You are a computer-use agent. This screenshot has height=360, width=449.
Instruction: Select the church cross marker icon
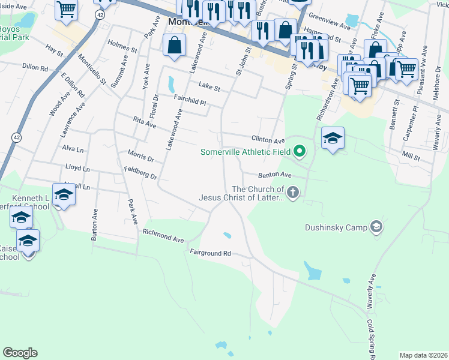(293, 193)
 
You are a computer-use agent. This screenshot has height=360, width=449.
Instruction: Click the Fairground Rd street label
(210, 253)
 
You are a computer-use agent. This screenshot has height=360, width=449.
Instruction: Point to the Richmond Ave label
(163, 235)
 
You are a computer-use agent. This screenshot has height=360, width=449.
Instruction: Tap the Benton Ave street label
(274, 175)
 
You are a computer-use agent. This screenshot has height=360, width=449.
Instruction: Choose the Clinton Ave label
(267, 138)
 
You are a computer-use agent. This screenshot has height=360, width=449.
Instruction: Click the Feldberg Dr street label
(145, 173)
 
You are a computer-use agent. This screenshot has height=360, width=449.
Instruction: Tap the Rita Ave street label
(144, 122)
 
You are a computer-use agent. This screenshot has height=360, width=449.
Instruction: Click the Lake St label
(209, 87)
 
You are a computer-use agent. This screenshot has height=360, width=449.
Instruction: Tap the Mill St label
(411, 157)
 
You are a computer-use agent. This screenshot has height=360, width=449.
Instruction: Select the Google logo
(20, 353)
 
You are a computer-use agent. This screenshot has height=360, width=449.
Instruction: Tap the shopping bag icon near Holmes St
(174, 46)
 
